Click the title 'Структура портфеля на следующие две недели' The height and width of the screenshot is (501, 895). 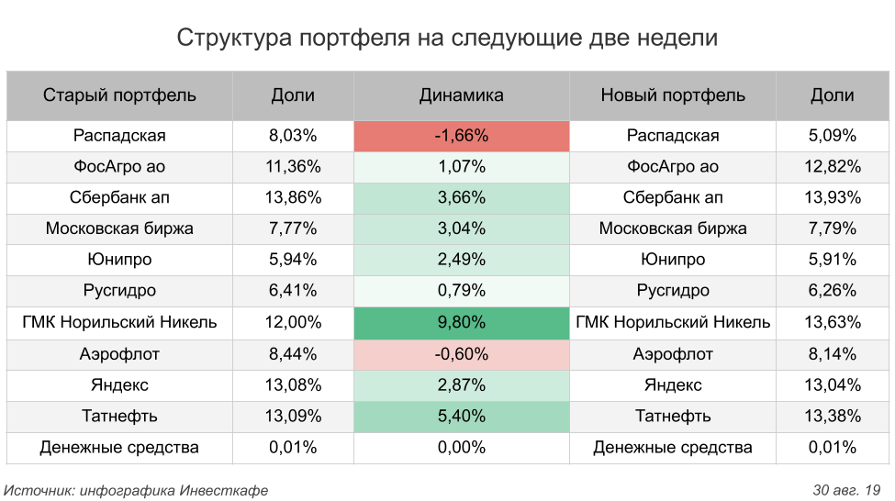click(447, 38)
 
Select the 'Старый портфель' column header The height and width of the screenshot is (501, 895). click(119, 95)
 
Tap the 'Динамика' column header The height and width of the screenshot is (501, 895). click(461, 95)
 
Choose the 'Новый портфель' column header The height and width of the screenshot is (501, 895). click(673, 95)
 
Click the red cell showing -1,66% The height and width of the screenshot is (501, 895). click(461, 136)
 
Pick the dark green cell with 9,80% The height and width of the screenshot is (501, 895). click(461, 322)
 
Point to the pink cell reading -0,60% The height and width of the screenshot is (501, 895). click(461, 353)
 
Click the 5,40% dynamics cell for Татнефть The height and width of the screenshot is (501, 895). click(461, 416)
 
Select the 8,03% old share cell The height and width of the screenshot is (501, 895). click(293, 136)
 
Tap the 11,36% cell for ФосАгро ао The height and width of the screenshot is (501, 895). click(293, 167)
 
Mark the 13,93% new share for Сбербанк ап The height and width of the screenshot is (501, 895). click(833, 198)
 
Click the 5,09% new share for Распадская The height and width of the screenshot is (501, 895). click(833, 136)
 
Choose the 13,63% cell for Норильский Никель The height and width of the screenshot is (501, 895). click(833, 322)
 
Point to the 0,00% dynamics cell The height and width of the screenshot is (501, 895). click(461, 447)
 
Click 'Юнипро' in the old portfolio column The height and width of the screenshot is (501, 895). click(119, 260)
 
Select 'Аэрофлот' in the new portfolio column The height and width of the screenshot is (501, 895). click(673, 353)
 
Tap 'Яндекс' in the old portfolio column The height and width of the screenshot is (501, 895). click(119, 384)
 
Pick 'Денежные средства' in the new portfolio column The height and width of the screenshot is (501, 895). click(673, 447)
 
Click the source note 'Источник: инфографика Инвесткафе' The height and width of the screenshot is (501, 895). click(137, 490)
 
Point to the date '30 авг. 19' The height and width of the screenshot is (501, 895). click(846, 490)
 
